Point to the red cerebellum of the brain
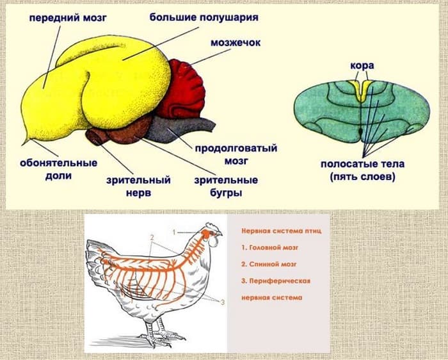coord(184,89)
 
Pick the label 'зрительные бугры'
coord(226,186)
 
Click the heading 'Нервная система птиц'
coord(276,229)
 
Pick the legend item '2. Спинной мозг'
coord(268,263)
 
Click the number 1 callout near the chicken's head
coord(174,229)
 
